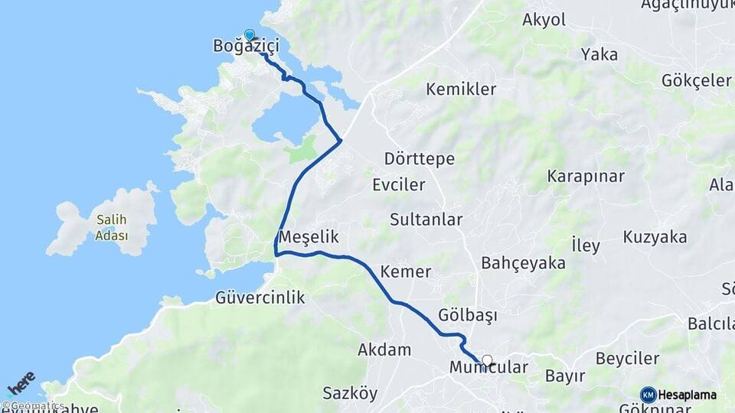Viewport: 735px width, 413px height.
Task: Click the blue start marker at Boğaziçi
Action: click(249, 34)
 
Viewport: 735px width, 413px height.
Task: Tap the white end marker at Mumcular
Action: click(487, 359)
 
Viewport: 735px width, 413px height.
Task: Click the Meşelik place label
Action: click(309, 237)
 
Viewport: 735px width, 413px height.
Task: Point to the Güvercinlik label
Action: click(260, 298)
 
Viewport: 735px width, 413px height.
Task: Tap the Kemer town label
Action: click(406, 272)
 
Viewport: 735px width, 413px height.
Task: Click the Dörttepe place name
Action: click(420, 159)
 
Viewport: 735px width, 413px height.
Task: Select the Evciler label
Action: click(398, 185)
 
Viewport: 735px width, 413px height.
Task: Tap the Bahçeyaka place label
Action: click(523, 263)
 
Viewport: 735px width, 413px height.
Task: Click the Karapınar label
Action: click(586, 176)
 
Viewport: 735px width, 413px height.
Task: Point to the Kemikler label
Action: click(461, 89)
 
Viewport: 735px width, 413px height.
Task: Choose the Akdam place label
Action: click(384, 350)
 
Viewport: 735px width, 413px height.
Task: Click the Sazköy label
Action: click(350, 394)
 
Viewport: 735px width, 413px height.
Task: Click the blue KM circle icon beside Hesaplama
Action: click(648, 395)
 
